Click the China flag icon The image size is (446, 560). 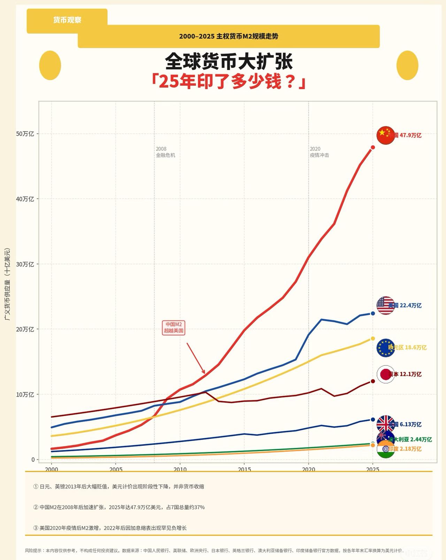(385, 135)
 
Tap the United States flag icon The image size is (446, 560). (385, 306)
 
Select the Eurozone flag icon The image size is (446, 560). (385, 348)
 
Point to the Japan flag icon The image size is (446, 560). (385, 374)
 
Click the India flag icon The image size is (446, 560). (386, 449)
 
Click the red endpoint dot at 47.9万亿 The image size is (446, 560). (373, 148)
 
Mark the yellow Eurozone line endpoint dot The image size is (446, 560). (373, 339)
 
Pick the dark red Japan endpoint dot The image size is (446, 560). (373, 381)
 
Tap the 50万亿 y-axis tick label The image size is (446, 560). (25, 134)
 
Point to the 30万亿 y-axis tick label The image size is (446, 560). (25, 264)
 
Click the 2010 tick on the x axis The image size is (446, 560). (180, 469)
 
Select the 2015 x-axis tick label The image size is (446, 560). (244, 469)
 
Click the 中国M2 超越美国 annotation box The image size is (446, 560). (174, 327)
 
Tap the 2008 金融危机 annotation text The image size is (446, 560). (165, 152)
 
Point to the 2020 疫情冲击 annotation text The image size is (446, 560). (319, 152)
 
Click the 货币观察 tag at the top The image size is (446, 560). (67, 20)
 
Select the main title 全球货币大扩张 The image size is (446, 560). (229, 62)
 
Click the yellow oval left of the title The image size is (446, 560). (50, 65)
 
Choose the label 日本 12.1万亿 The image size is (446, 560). (405, 374)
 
